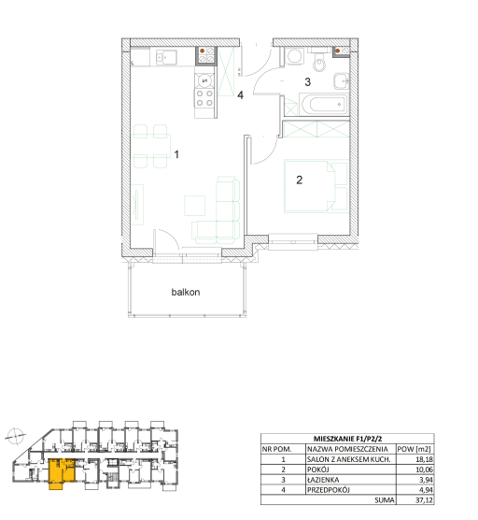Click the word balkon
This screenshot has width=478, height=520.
coord(186,292)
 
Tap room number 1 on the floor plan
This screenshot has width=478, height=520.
coord(176,154)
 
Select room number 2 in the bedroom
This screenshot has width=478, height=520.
coord(300,180)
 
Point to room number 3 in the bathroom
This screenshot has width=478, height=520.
coord(307,82)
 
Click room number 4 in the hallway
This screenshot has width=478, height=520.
coord(240,95)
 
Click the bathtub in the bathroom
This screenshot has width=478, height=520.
coord(323,105)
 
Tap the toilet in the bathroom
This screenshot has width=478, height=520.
coord(319,60)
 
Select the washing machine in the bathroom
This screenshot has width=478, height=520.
coord(294,56)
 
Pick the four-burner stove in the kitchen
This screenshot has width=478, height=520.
coord(204,98)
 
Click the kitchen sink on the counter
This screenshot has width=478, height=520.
coord(166,58)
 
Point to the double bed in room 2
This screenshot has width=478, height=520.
coord(316,186)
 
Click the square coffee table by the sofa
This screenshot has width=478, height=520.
coord(194,206)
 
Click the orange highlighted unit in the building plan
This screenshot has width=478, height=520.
coord(62,472)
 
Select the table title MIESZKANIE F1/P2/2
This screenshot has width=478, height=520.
coord(347,439)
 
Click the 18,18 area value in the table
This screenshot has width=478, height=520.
coord(424,459)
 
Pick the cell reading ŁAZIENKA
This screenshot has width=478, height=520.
coord(323,480)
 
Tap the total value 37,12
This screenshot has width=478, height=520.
coord(424,499)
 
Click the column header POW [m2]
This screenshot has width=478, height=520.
coord(414,449)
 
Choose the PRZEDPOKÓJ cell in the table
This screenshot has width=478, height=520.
coord(328,490)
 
